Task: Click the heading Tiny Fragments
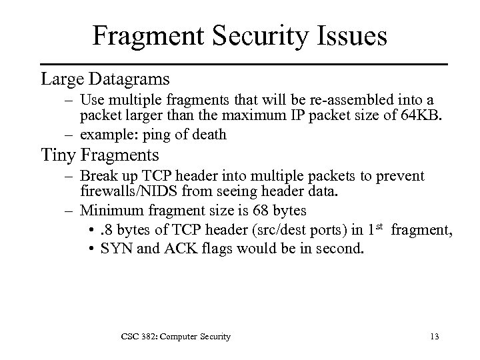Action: click(100, 155)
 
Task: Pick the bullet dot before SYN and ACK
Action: click(90, 250)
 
